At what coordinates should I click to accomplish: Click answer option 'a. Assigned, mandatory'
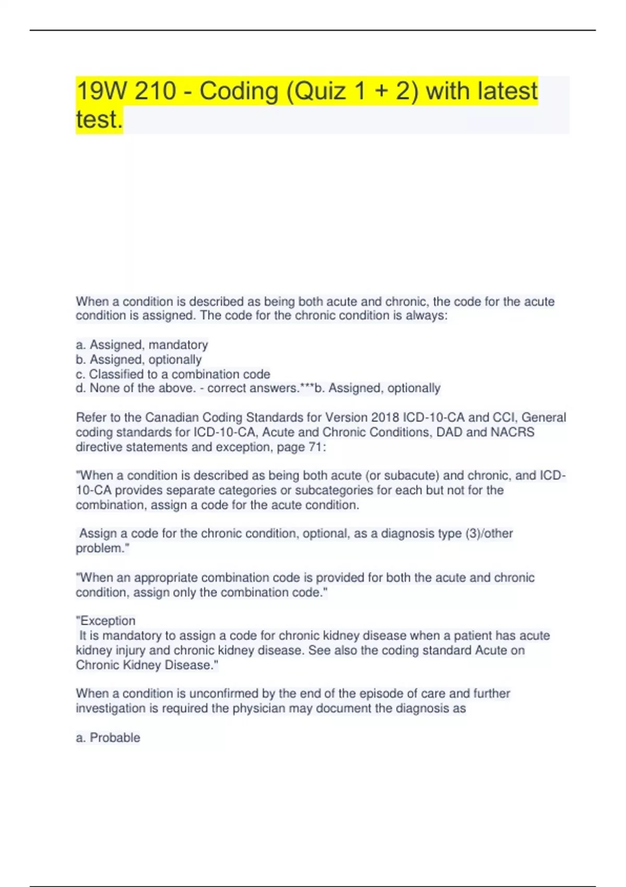142,345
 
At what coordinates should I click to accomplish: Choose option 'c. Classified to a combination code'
173,374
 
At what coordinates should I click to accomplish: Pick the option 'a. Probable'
108,738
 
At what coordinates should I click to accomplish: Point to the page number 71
315,447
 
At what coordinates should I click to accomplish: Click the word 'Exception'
107,621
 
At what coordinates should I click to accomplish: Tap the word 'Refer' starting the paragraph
90,417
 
